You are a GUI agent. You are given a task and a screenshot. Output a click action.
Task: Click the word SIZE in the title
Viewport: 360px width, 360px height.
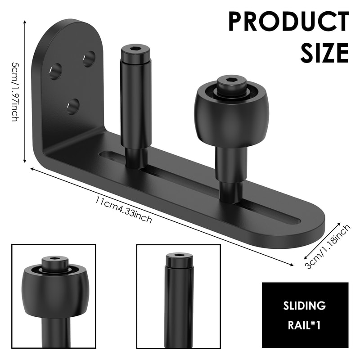tap(324, 53)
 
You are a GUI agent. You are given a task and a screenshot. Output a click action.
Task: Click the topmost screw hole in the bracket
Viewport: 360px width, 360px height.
tap(89, 58)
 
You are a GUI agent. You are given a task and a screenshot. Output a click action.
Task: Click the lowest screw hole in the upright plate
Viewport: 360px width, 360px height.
tap(73, 106)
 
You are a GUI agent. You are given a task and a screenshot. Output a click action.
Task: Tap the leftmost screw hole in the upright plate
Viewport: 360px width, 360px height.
tap(55, 71)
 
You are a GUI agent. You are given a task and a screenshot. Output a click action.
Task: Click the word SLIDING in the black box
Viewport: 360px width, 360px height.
tap(305, 306)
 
